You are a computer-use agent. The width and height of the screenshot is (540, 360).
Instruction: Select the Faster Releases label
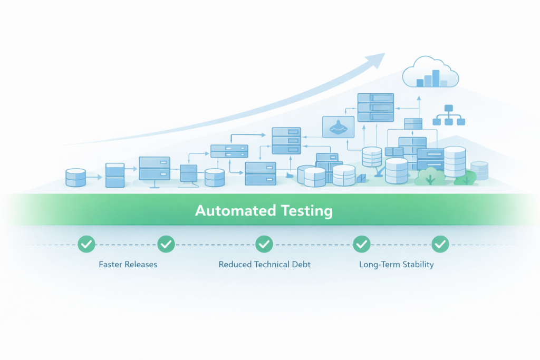128,265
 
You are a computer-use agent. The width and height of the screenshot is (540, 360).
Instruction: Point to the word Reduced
236,265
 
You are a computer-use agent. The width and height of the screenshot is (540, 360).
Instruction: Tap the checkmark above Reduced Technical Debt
264,244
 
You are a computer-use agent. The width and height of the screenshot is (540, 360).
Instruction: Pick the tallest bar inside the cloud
436,78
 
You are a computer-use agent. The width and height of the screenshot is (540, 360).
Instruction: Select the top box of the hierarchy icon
449,109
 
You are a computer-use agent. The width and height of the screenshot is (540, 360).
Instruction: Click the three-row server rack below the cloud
375,107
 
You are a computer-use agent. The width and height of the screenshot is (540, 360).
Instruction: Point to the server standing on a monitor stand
155,170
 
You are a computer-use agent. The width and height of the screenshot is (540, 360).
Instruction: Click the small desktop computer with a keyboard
188,174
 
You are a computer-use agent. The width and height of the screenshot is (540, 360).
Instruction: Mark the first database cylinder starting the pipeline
75,178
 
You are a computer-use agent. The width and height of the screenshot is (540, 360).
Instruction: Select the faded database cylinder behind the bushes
479,170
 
